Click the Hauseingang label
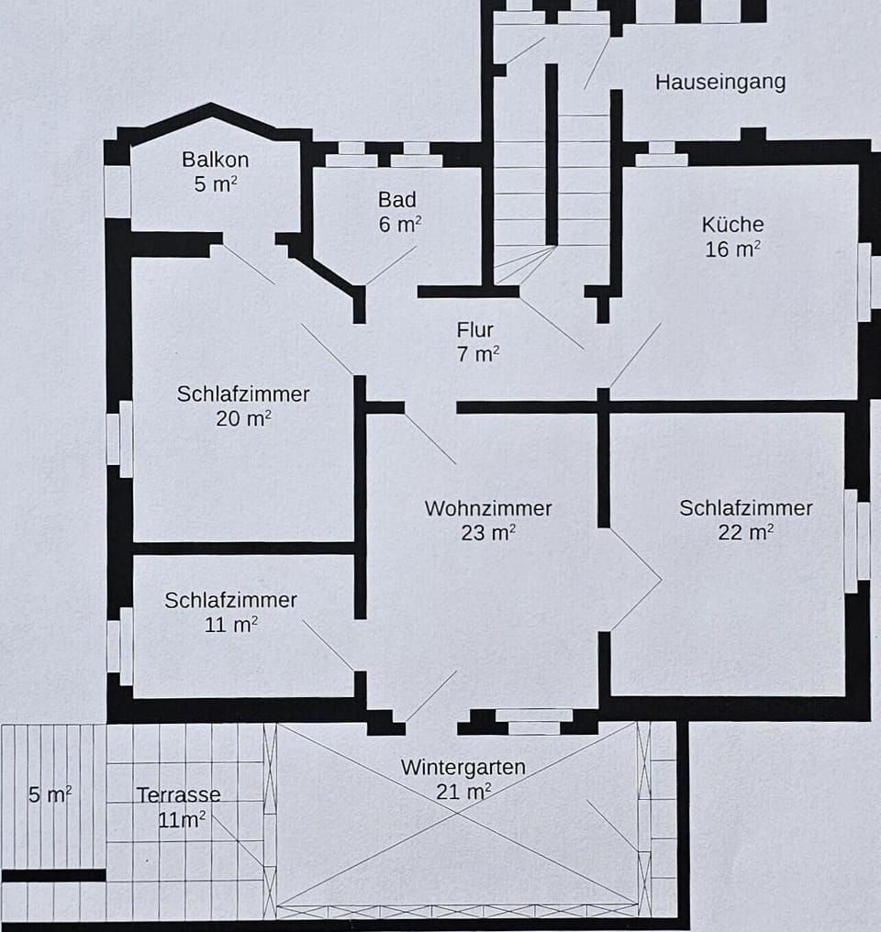coord(719,82)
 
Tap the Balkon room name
coord(215,160)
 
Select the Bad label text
coord(396,200)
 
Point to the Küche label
coord(732,225)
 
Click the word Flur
coord(475,330)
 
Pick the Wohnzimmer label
coord(487,508)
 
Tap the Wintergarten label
coord(463,767)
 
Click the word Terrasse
coord(178,795)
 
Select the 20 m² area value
coord(242,418)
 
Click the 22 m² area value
coord(745,532)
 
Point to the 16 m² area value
coord(732,250)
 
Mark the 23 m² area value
coord(487,533)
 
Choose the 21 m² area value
coord(463,792)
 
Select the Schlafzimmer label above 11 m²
coord(230,600)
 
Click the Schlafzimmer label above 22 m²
coord(745,507)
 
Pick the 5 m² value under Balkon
coord(215,184)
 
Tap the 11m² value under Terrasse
coord(181,820)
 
